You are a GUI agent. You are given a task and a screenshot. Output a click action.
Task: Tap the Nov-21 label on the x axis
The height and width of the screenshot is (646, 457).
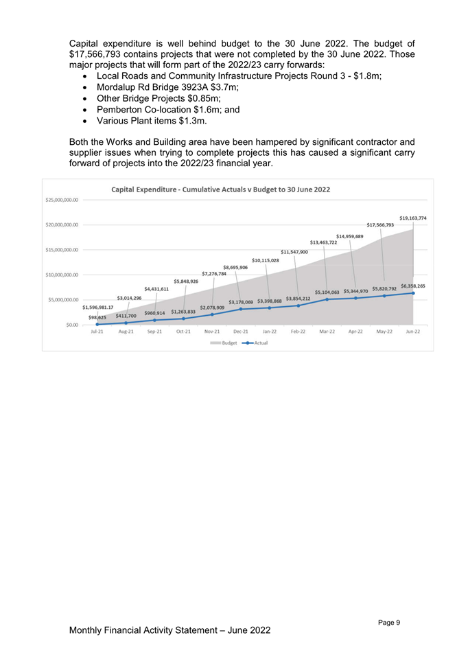212,332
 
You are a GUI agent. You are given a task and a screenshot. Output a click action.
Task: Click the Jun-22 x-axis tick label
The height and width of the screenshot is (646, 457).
412,332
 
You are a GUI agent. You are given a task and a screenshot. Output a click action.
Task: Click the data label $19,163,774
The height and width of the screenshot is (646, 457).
412,218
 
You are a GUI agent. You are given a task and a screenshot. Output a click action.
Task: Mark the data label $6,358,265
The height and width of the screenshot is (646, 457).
412,286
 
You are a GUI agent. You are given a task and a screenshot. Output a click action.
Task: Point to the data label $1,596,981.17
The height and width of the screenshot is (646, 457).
98,307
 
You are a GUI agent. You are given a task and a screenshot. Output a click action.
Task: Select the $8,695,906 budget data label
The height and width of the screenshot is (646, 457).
235,267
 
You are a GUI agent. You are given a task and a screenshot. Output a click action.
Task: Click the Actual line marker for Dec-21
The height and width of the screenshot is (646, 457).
241,309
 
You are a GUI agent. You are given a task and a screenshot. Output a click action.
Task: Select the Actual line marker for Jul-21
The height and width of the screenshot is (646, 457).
97,324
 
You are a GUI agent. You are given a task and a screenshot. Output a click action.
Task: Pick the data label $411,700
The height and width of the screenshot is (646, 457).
126,316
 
